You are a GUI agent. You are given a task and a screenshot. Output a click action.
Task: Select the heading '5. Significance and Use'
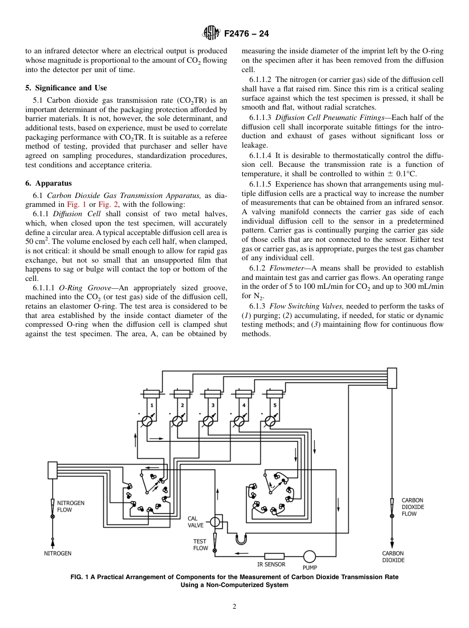[66, 88]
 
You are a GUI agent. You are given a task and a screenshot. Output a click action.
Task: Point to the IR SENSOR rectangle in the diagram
[274, 556]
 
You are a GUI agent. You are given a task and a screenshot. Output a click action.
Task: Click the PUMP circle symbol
[310, 556]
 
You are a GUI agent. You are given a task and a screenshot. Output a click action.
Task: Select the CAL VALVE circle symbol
[215, 522]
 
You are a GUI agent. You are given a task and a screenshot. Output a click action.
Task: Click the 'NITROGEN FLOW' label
[71, 506]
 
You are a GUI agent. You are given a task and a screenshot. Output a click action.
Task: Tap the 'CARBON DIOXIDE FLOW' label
[412, 507]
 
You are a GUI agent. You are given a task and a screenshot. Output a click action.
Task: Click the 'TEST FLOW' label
[200, 545]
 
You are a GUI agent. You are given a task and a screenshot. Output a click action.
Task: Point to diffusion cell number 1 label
[152, 405]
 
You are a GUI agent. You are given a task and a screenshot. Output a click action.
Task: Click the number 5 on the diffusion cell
[274, 405]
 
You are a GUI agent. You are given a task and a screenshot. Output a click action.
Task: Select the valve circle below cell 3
[209, 421]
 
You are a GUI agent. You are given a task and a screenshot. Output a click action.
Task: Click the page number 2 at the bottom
[234, 607]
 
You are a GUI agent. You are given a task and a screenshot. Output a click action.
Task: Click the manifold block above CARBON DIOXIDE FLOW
[392, 378]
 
